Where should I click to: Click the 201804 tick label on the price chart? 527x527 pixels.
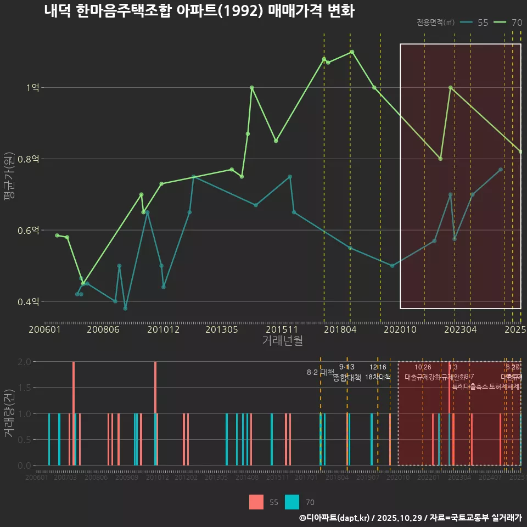click(340, 329)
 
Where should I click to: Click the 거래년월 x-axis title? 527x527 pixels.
click(282, 341)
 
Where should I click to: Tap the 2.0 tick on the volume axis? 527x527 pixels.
click(24, 362)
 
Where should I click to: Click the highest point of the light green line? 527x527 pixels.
click(352, 52)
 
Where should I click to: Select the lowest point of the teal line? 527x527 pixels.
click(125, 309)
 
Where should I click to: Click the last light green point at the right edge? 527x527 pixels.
click(520, 152)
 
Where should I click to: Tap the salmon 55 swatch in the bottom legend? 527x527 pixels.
click(256, 502)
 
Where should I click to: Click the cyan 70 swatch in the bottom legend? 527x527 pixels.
click(293, 502)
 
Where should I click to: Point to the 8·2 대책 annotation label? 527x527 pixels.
click(321, 372)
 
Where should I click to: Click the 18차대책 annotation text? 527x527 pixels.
click(378, 377)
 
